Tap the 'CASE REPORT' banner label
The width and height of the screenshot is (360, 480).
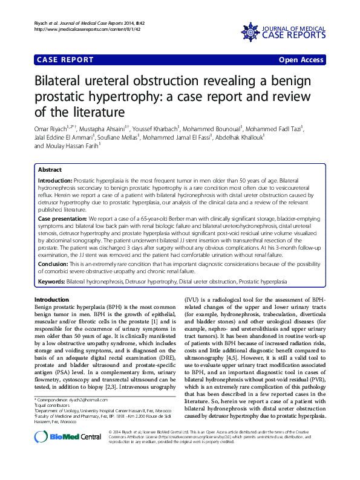click(65, 60)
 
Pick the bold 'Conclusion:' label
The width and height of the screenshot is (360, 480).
click(54, 264)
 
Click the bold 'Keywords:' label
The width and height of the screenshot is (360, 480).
click(51, 282)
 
